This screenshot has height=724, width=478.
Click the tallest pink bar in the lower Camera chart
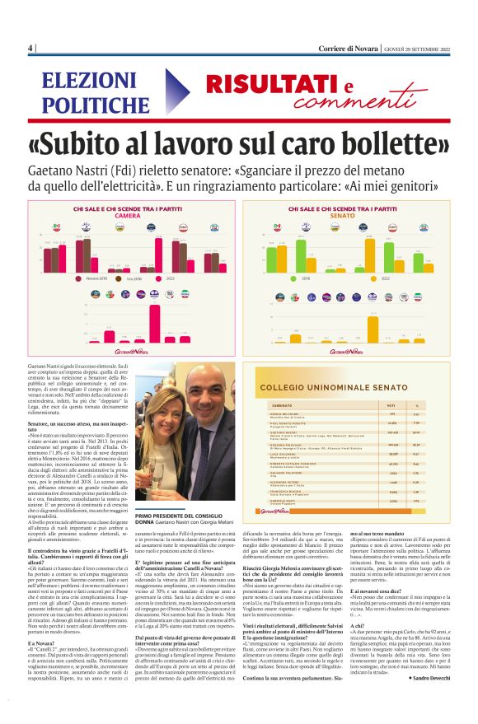click(160, 320)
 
